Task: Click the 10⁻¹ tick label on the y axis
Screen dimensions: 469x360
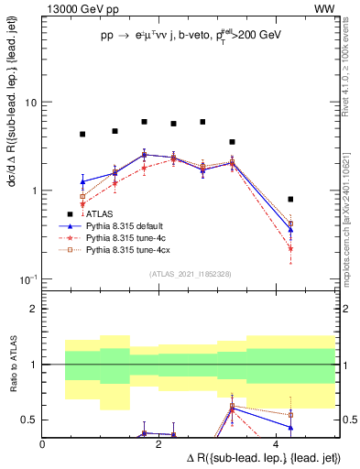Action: point(30,278)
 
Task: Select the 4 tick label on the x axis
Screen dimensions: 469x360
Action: point(276,443)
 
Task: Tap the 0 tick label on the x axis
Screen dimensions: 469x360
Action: point(43,443)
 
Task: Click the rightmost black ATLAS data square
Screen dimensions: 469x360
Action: point(290,199)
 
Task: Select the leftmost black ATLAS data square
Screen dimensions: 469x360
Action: point(82,134)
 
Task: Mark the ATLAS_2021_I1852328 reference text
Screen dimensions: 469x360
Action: point(190,274)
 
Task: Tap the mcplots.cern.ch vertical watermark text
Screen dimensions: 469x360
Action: point(350,211)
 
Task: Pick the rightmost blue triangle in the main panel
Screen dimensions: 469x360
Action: point(290,229)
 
